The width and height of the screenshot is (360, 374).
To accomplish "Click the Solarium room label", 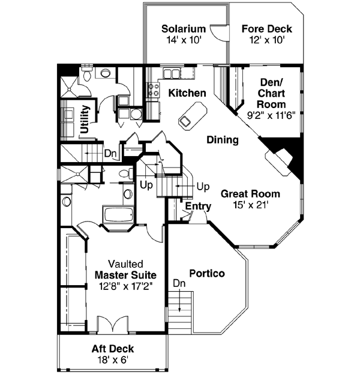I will [x=184, y=29].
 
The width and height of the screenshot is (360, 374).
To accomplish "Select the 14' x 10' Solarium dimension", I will [x=184, y=40].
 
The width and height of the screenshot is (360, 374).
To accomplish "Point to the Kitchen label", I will [x=187, y=93].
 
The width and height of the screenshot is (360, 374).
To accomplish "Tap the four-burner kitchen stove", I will [x=153, y=90].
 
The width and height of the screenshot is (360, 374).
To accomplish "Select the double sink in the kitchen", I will [x=173, y=74].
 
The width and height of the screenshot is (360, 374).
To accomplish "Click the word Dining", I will [x=223, y=140].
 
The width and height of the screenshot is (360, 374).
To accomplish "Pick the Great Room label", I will [x=250, y=194].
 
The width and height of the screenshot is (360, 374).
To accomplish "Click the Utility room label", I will [x=85, y=119].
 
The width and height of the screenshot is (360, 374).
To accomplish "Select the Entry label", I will [x=198, y=207].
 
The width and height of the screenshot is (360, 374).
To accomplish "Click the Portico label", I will [x=207, y=274].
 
